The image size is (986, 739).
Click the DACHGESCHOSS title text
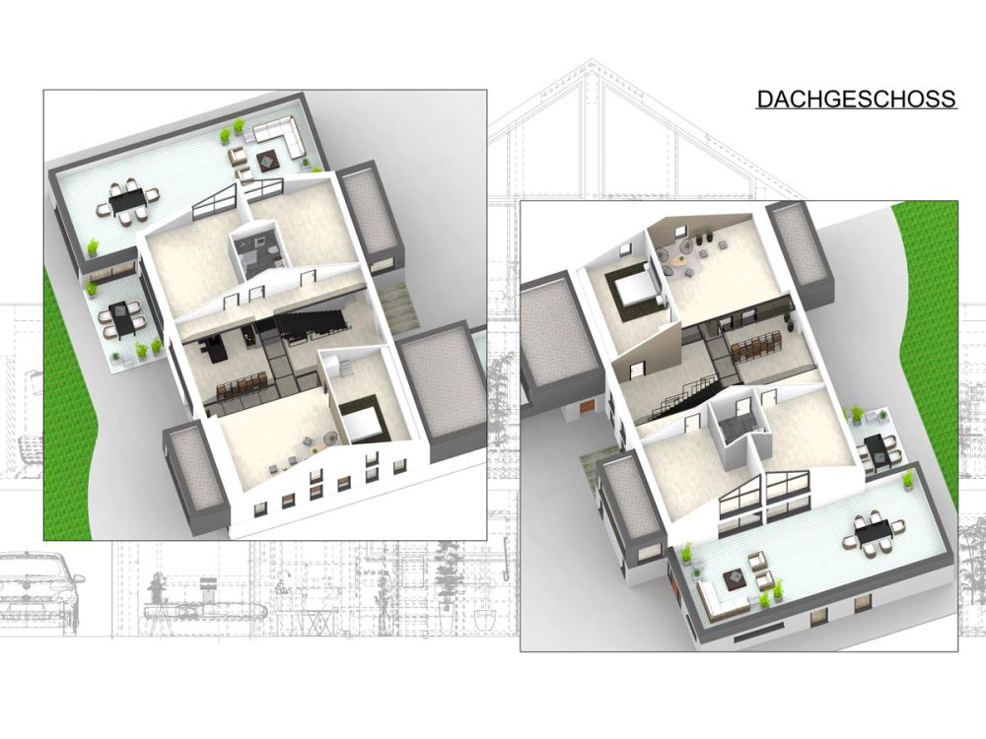[x=856, y=100]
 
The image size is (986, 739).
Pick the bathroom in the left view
[x=256, y=251]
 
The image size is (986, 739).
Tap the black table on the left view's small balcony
[x=123, y=318]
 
